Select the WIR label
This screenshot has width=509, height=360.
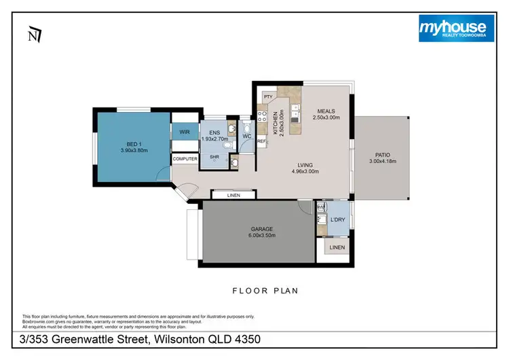point(184,132)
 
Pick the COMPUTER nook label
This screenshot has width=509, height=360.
point(185,159)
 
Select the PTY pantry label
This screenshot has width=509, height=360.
point(268,97)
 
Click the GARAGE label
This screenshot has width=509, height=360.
point(261,229)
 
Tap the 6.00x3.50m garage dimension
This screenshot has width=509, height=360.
point(261,236)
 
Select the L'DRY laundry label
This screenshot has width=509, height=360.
point(337,219)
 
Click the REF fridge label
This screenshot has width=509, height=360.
point(261,142)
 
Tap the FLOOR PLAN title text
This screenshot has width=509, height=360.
point(265,290)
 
